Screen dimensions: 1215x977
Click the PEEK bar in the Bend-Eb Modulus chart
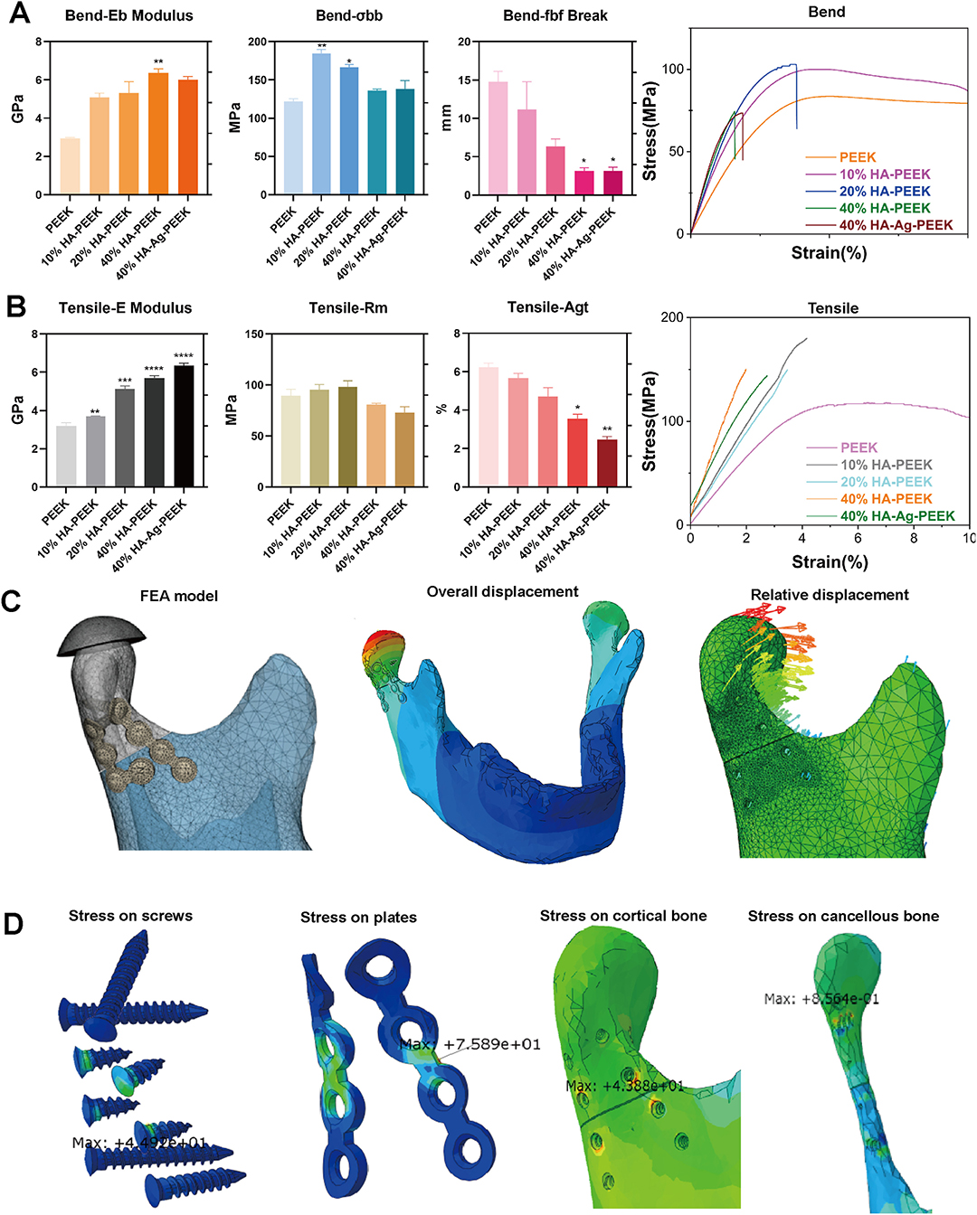(x=70, y=166)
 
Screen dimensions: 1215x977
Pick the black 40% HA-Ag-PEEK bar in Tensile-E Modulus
(x=184, y=426)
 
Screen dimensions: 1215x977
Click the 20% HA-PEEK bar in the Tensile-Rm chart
(x=347, y=437)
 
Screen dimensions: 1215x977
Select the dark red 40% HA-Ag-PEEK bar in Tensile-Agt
(x=607, y=463)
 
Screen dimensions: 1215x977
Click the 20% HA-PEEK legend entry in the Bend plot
(x=884, y=191)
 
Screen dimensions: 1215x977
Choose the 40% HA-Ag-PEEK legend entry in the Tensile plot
(x=896, y=516)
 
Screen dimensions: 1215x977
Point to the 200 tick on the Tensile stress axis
(x=672, y=317)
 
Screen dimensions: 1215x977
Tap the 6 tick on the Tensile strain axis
(x=858, y=539)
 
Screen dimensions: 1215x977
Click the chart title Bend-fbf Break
(x=555, y=15)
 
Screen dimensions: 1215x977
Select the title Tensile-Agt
(x=547, y=307)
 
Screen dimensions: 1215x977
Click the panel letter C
(x=12, y=601)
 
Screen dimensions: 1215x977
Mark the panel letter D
(x=14, y=924)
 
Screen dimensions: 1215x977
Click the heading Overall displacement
(x=502, y=591)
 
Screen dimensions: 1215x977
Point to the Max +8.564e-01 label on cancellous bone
(x=820, y=999)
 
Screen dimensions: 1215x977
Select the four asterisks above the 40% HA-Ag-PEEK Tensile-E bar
(x=184, y=356)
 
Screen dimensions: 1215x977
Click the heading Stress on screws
(x=130, y=916)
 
